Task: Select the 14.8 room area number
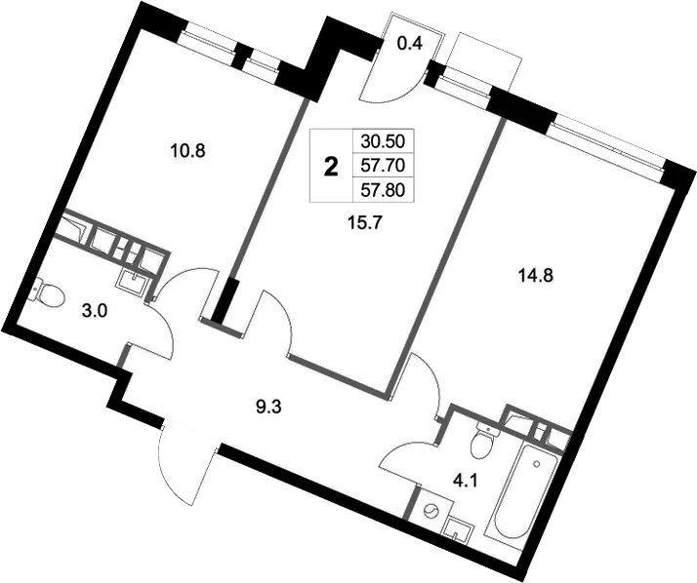535,274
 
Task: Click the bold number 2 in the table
331,166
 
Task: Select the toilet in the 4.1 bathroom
479,444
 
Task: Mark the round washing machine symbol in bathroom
430,509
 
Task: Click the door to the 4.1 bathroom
408,458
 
